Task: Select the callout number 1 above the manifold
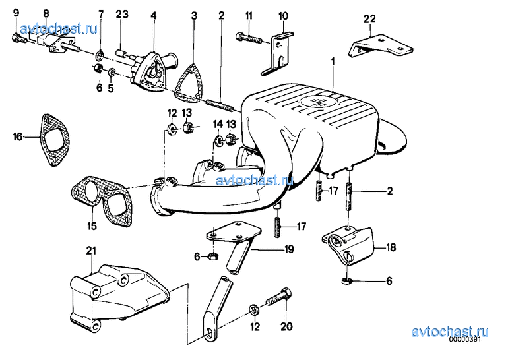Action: (333, 61)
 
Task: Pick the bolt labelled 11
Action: (249, 38)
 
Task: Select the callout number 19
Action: (289, 249)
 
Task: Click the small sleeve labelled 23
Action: (121, 53)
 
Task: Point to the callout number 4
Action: (154, 15)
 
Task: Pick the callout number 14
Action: (218, 124)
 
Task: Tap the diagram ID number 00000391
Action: (465, 339)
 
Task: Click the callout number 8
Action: (46, 14)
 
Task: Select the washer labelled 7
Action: (100, 56)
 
